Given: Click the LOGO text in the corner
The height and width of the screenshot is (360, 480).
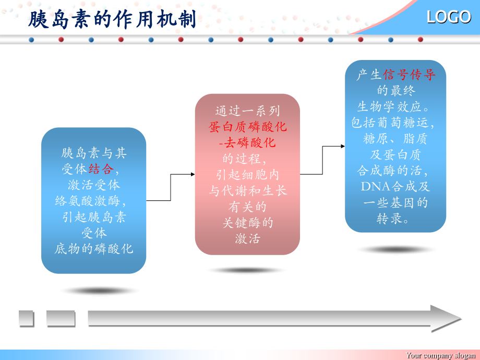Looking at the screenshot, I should click(x=449, y=17).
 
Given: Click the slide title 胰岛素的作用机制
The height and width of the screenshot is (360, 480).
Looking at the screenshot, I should click(x=112, y=19).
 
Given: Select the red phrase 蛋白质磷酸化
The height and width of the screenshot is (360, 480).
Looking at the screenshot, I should click(x=248, y=126).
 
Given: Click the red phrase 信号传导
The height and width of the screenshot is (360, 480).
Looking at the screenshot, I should click(x=410, y=75).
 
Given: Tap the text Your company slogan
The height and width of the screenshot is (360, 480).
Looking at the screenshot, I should click(x=441, y=355).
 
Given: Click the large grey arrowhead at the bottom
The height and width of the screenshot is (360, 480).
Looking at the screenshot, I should click(x=446, y=318).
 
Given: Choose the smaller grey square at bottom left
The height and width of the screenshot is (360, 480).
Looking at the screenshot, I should click(x=26, y=318).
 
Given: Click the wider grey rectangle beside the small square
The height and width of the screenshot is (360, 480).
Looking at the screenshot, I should click(x=61, y=318).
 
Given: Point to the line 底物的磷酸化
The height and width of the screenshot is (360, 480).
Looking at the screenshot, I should click(x=94, y=248).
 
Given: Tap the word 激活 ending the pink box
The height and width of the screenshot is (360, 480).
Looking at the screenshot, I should click(x=248, y=238).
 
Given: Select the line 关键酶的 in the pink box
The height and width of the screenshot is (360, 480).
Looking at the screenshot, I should click(x=248, y=223).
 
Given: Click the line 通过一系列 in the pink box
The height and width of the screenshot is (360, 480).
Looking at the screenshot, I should click(x=248, y=111).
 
